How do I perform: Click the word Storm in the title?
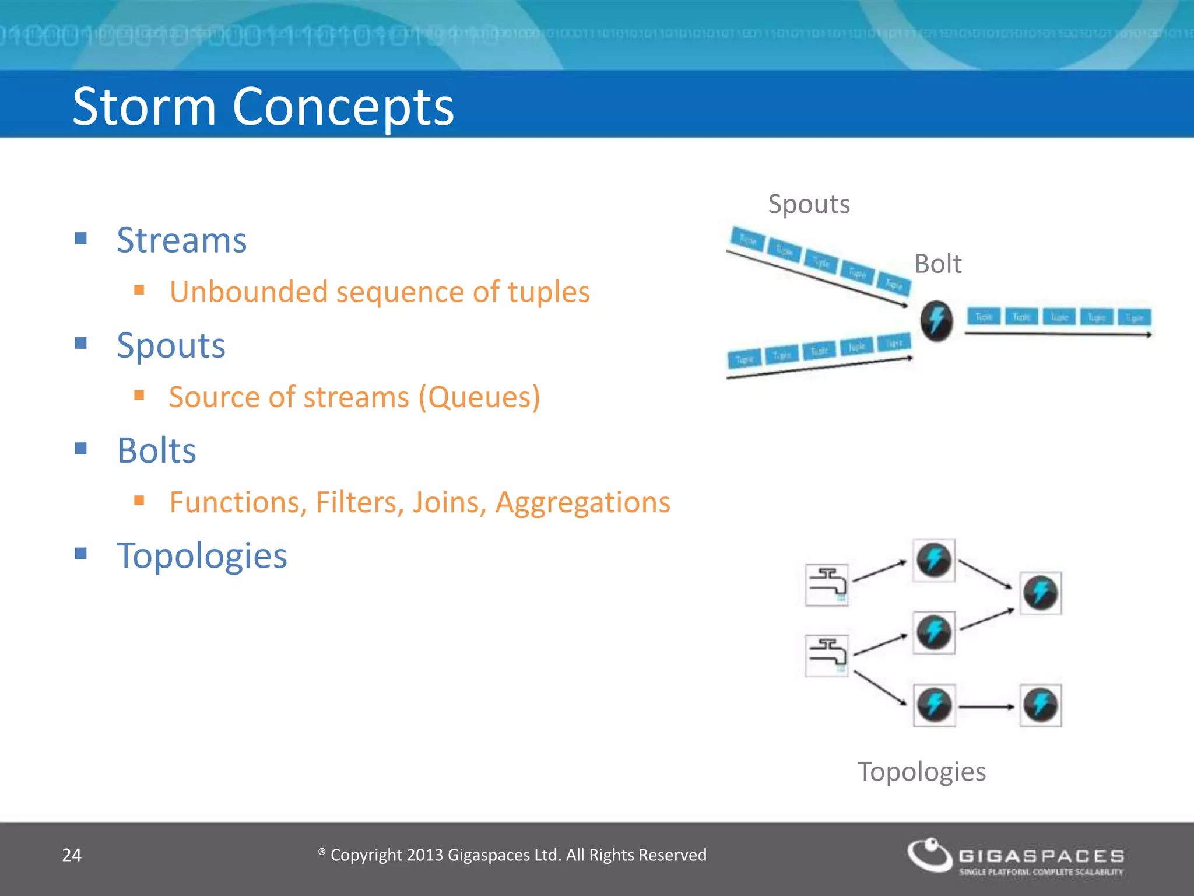(144, 107)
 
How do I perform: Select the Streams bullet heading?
(181, 240)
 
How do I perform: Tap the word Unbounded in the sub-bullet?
(248, 292)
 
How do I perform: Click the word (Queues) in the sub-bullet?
(479, 397)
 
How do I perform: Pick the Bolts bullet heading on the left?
(157, 451)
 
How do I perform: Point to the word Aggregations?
(583, 503)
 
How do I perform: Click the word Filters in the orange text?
(360, 502)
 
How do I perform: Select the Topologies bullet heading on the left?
(202, 556)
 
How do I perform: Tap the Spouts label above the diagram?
(809, 204)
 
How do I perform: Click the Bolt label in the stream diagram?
(937, 264)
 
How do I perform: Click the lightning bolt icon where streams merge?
(936, 320)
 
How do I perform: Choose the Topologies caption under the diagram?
(922, 772)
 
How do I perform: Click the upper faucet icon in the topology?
(827, 584)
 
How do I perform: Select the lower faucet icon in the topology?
(827, 656)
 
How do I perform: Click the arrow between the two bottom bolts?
(987, 707)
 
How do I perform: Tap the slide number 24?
(72, 855)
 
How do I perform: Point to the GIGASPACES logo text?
(1041, 856)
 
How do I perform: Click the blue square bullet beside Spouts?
(81, 343)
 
